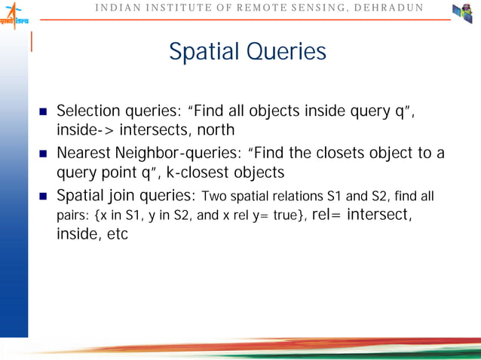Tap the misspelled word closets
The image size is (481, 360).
click(x=339, y=154)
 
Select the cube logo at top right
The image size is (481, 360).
click(x=462, y=14)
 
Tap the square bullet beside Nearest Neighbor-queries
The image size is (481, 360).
click(x=44, y=154)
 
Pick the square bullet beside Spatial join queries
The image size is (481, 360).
click(x=44, y=197)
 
